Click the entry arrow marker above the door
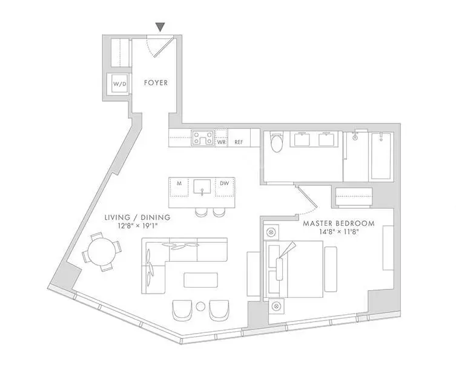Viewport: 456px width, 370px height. tap(160, 27)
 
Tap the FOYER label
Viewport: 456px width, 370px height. tap(156, 83)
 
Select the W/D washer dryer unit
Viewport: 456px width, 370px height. tap(120, 84)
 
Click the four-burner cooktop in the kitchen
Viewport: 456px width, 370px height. tap(202, 138)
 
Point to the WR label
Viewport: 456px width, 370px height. tap(221, 142)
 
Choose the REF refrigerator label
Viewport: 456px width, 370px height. tap(239, 142)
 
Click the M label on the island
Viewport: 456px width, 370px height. tap(179, 183)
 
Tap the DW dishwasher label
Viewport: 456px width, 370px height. tap(224, 183)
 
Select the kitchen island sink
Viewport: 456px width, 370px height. tap(202, 187)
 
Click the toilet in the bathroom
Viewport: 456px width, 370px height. tap(276, 142)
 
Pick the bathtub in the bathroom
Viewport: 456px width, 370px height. tap(381, 156)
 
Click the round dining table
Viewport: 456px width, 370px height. tap(102, 251)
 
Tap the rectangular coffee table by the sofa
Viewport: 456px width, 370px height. tap(200, 280)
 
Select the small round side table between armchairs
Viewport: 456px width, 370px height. tap(200, 306)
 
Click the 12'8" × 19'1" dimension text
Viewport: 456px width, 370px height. tap(137, 226)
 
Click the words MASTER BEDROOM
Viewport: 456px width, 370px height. tap(339, 223)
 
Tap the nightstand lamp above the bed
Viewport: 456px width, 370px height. tap(271, 232)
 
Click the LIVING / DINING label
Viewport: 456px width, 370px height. tap(137, 217)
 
